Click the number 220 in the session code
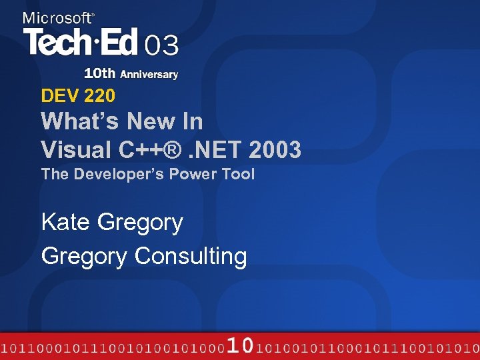[x=100, y=96]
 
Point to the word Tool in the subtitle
[x=240, y=175]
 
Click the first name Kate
[x=66, y=222]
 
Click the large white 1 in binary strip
[x=233, y=345]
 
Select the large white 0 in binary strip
[x=247, y=345]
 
